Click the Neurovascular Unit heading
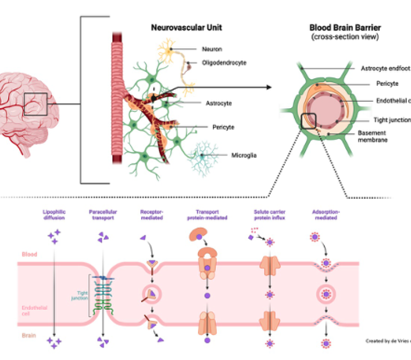(x=186, y=27)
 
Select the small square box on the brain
(x=35, y=103)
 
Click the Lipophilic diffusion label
(x=55, y=215)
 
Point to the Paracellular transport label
(x=102, y=215)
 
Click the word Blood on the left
(x=29, y=255)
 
